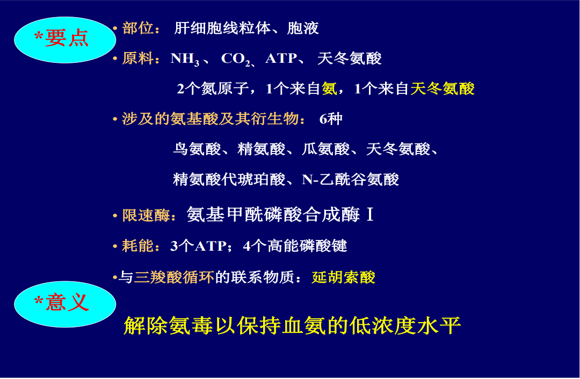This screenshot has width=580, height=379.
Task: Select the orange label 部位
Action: [x=137, y=28]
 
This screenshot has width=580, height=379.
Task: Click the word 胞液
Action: [x=303, y=28]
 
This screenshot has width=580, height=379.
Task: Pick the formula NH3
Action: [x=185, y=59]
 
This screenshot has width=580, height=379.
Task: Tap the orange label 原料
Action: [x=137, y=59]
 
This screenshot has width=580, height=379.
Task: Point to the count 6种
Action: [x=331, y=119]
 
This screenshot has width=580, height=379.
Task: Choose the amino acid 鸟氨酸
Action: [x=197, y=149]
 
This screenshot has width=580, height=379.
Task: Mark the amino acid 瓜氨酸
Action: [x=325, y=149]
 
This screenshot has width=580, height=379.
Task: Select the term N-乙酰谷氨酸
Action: [x=351, y=179]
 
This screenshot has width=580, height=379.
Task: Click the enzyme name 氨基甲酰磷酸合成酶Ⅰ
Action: [x=280, y=215]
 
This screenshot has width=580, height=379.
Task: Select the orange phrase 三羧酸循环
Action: [x=174, y=277]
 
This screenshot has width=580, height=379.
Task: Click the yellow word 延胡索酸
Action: [x=343, y=277]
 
